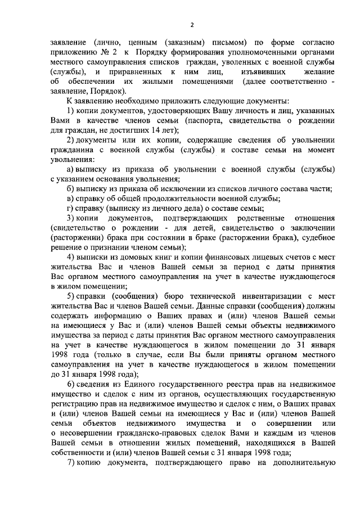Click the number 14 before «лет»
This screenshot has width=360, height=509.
(x=150, y=130)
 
